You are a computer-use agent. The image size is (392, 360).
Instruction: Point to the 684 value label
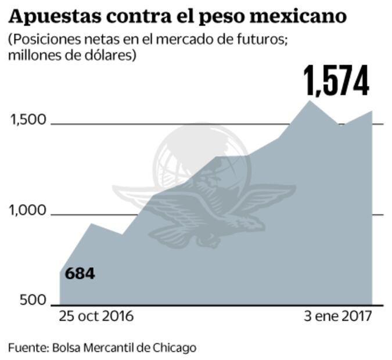[80, 273]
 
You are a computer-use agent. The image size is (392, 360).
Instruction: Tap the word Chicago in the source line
[175, 348]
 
